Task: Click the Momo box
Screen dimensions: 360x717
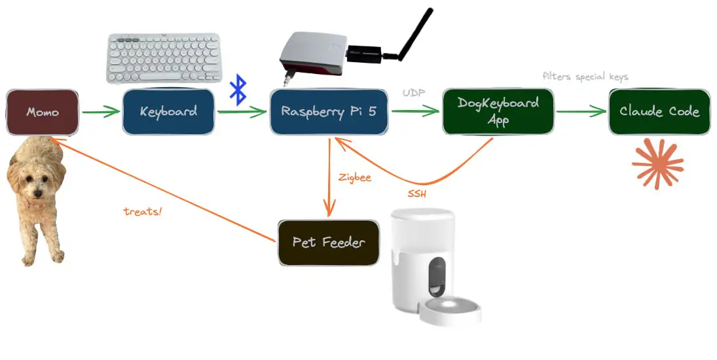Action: (43, 112)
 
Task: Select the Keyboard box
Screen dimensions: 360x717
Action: (168, 111)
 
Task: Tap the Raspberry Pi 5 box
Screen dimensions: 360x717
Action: (329, 111)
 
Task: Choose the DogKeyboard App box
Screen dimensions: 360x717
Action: (498, 111)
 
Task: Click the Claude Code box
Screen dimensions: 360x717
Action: (659, 111)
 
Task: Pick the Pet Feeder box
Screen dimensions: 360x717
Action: (329, 242)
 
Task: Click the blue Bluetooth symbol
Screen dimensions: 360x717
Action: (238, 90)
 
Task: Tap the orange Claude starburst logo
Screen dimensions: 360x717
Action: (657, 164)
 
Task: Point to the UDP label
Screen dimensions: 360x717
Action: (414, 94)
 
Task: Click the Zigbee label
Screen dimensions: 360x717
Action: (355, 177)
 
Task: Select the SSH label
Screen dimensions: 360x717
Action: (417, 194)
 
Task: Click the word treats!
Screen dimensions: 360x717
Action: (142, 211)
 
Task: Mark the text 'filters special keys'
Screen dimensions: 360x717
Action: (585, 77)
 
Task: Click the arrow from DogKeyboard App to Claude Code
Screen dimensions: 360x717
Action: (581, 112)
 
